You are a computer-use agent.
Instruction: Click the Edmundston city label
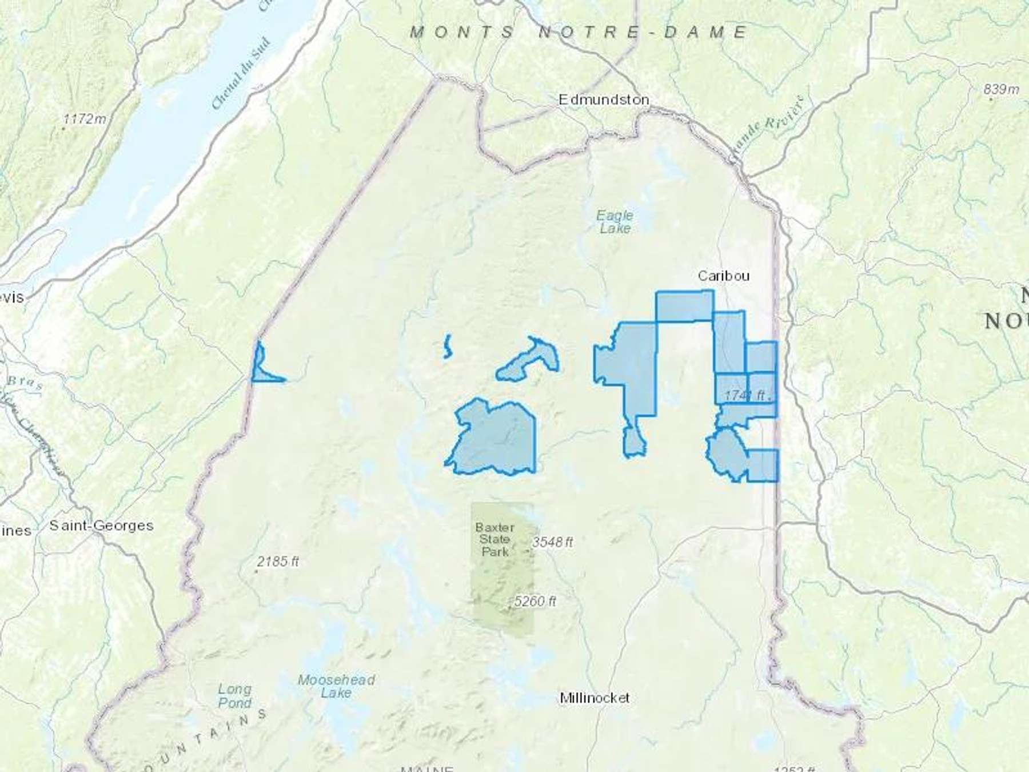[x=604, y=100]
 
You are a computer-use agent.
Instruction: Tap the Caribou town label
[x=723, y=276]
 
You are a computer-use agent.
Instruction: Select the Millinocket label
[x=595, y=698]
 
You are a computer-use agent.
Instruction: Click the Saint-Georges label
[x=101, y=525]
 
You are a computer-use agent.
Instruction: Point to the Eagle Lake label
[x=615, y=222]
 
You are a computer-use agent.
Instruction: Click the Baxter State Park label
[x=494, y=539]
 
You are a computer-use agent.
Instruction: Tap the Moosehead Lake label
[x=336, y=686]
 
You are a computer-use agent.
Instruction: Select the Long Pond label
[x=234, y=695]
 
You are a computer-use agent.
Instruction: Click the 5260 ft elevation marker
[x=535, y=601]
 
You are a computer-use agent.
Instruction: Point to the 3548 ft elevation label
[x=552, y=542]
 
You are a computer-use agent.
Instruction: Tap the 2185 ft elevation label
[x=277, y=562]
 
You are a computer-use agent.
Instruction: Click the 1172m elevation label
[x=85, y=119]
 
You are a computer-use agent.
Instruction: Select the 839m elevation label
[x=1001, y=89]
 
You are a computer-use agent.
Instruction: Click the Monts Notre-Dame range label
[x=579, y=32]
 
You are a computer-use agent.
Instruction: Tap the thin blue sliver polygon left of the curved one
[x=447, y=347]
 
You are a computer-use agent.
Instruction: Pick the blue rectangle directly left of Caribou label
[x=684, y=306]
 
